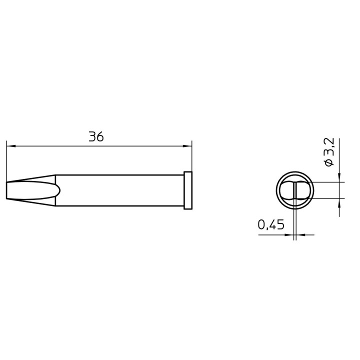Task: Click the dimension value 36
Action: coord(96,136)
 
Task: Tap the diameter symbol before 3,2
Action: coord(328,162)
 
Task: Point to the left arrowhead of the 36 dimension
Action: coord(10,146)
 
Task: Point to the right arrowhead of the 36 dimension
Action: coord(188,146)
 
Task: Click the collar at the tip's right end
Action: coord(188,190)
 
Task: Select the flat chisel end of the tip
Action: coord(7,190)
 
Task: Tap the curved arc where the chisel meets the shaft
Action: coord(59,190)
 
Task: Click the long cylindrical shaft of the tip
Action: coord(120,190)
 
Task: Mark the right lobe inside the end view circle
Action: coord(303,190)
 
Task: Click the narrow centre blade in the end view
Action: coord(295,190)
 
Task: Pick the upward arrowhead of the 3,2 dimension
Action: coord(339,202)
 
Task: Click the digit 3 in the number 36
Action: coord(92,136)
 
